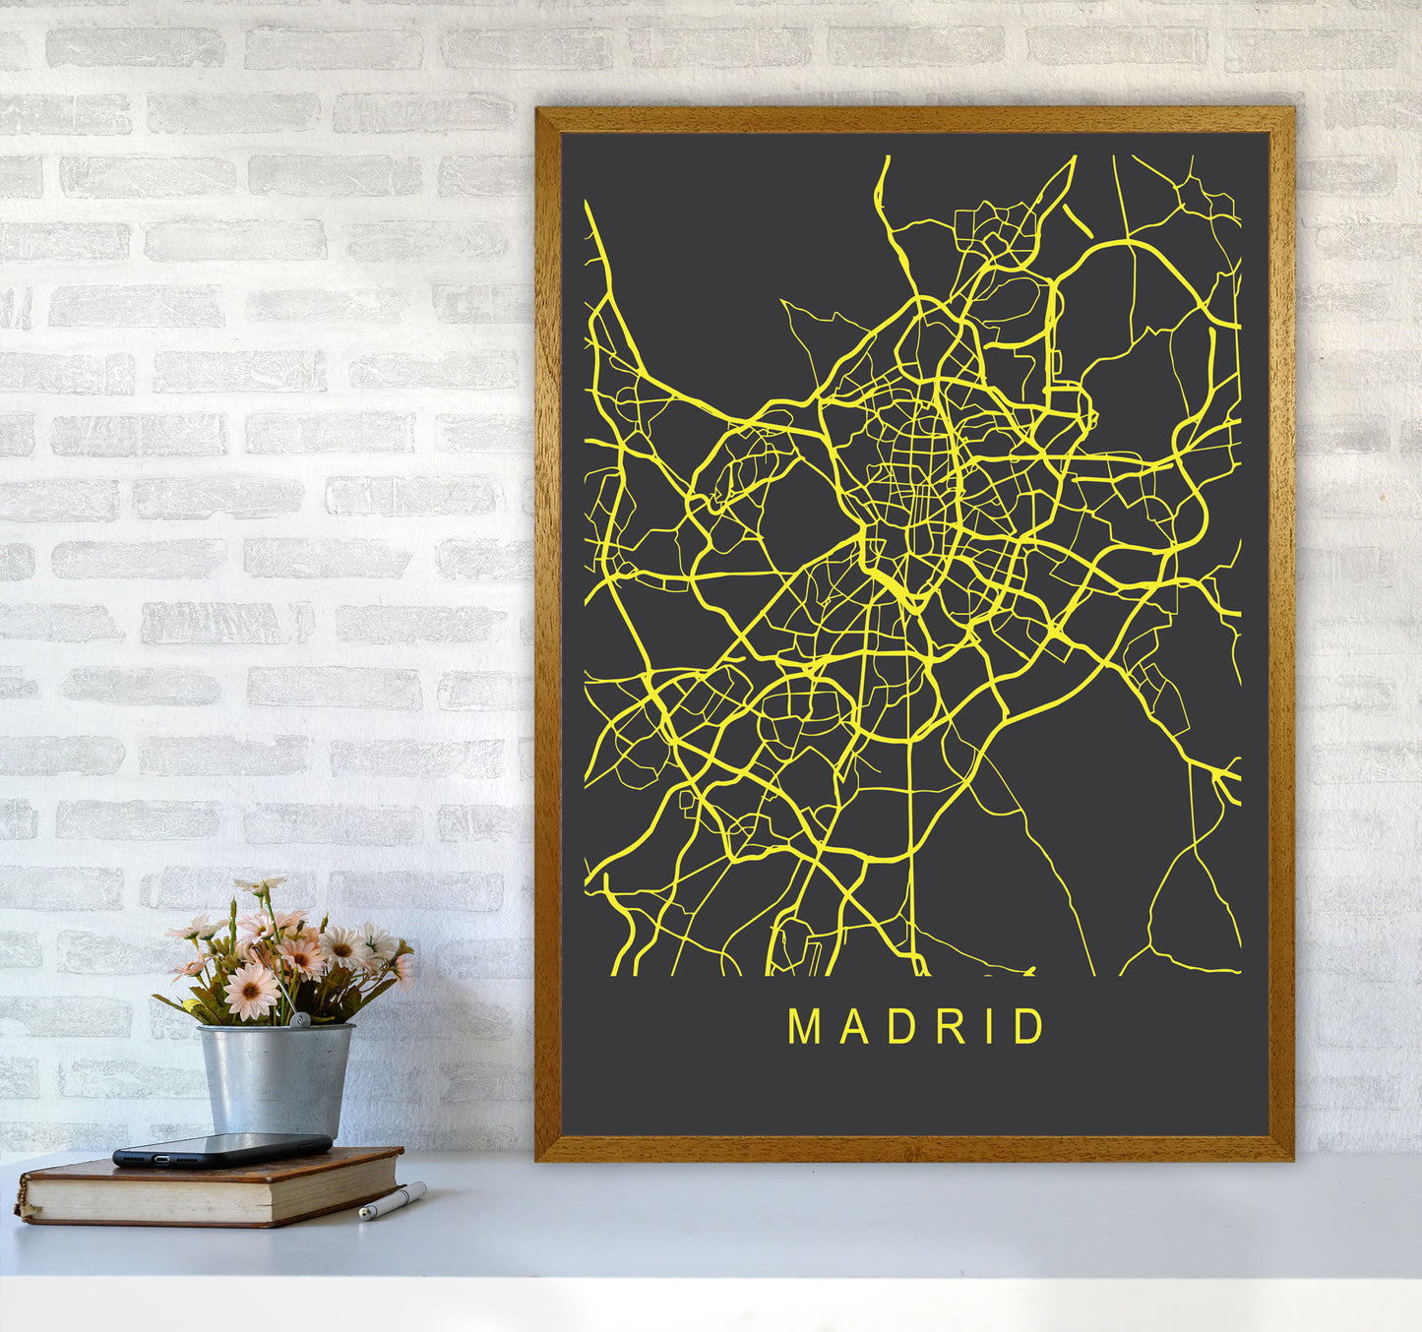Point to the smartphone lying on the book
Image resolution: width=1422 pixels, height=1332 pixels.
click(221, 1149)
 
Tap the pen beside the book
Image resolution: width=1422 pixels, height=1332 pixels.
click(392, 1201)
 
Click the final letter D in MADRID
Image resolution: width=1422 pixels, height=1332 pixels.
click(1029, 1026)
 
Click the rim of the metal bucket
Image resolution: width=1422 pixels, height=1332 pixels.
click(275, 1029)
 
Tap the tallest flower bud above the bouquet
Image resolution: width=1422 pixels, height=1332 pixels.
click(258, 885)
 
